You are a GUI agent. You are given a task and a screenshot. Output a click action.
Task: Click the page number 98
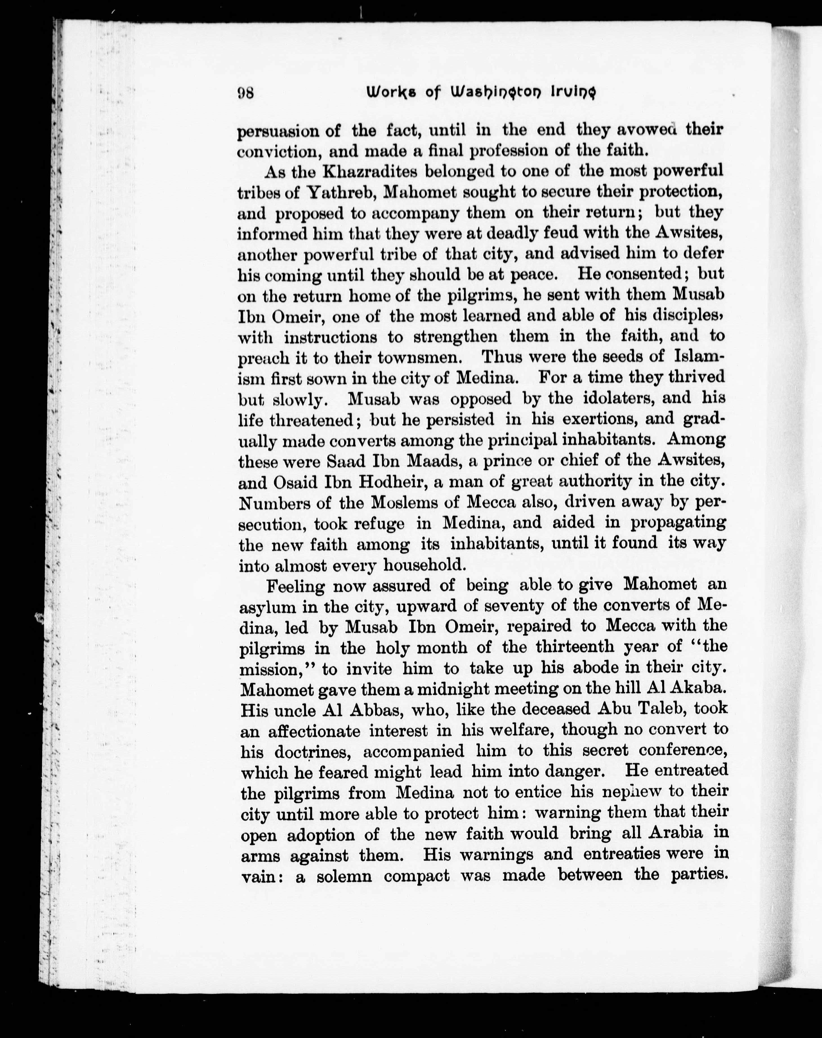pos(246,92)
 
